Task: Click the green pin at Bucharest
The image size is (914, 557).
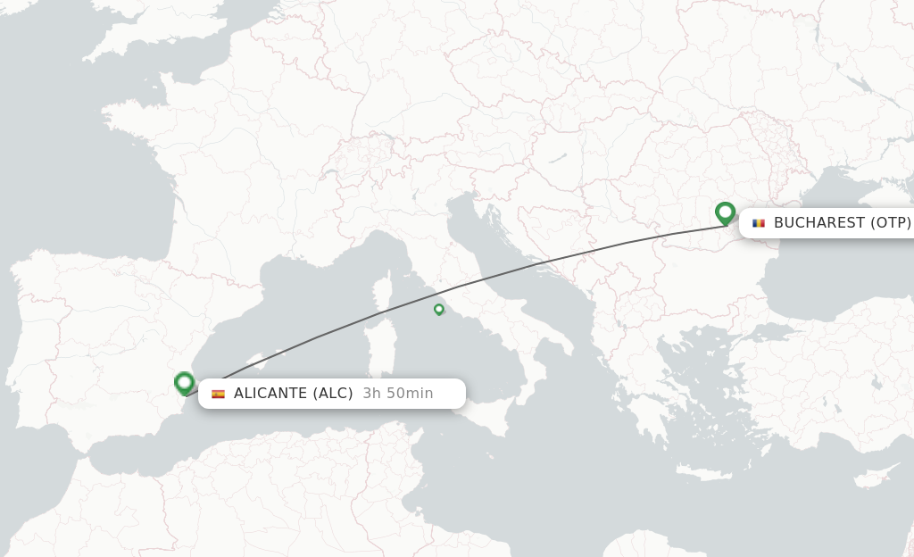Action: [x=725, y=212]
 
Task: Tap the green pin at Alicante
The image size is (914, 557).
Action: [x=185, y=383]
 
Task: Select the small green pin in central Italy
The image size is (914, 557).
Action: [x=438, y=309]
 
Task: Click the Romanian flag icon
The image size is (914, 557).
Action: [x=759, y=223]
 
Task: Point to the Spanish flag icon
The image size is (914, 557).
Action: [x=218, y=394]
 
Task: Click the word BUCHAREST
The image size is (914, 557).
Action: [x=819, y=223]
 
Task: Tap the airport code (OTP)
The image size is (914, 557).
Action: [x=891, y=223]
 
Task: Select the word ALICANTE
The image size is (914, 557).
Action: [x=270, y=394]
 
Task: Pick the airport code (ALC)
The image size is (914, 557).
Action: [x=333, y=394]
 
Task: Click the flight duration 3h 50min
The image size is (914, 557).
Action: [x=398, y=394]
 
